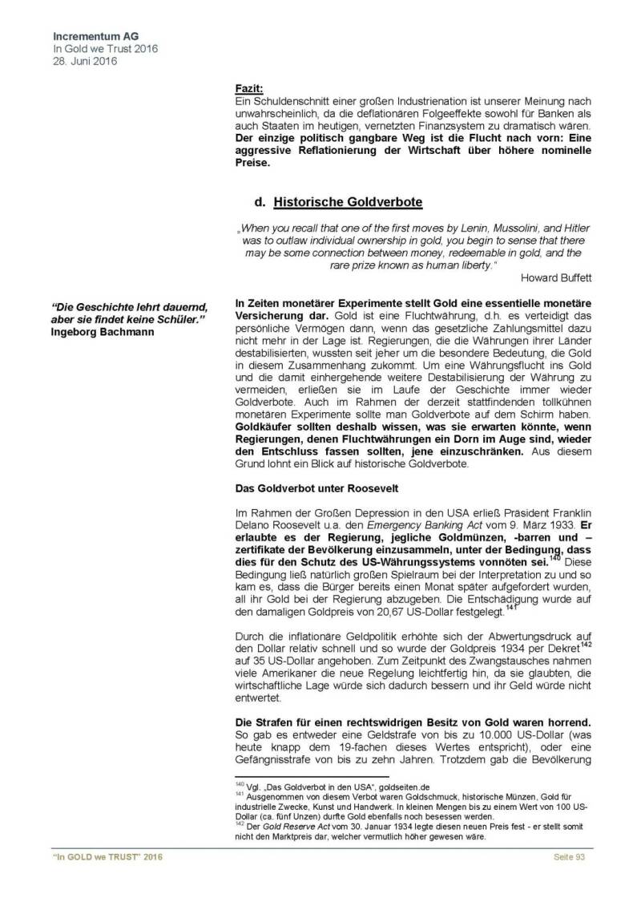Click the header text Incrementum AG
pyautogui.click(x=91, y=36)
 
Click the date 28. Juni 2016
pyautogui.click(x=85, y=61)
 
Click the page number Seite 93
pyautogui.click(x=570, y=858)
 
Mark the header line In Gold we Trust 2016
pyautogui.click(x=105, y=48)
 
